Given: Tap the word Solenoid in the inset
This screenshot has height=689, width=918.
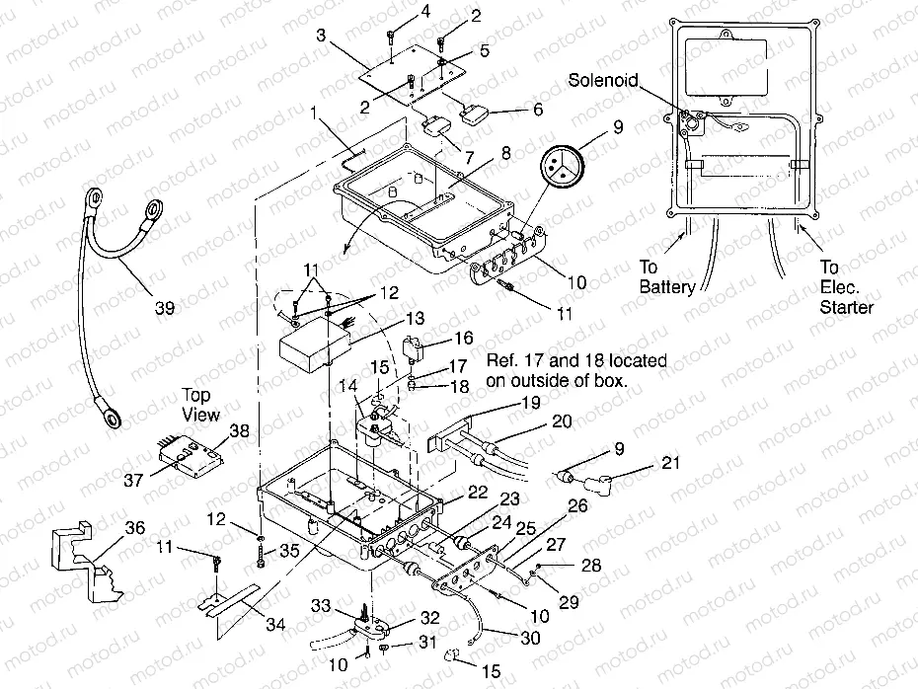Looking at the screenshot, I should [603, 79].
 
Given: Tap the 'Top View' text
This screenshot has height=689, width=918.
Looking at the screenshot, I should [201, 404].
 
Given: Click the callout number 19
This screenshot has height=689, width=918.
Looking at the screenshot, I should [530, 403].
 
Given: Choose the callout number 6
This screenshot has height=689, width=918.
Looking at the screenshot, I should [537, 109].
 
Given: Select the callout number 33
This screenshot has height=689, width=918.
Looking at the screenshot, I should [322, 604].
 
